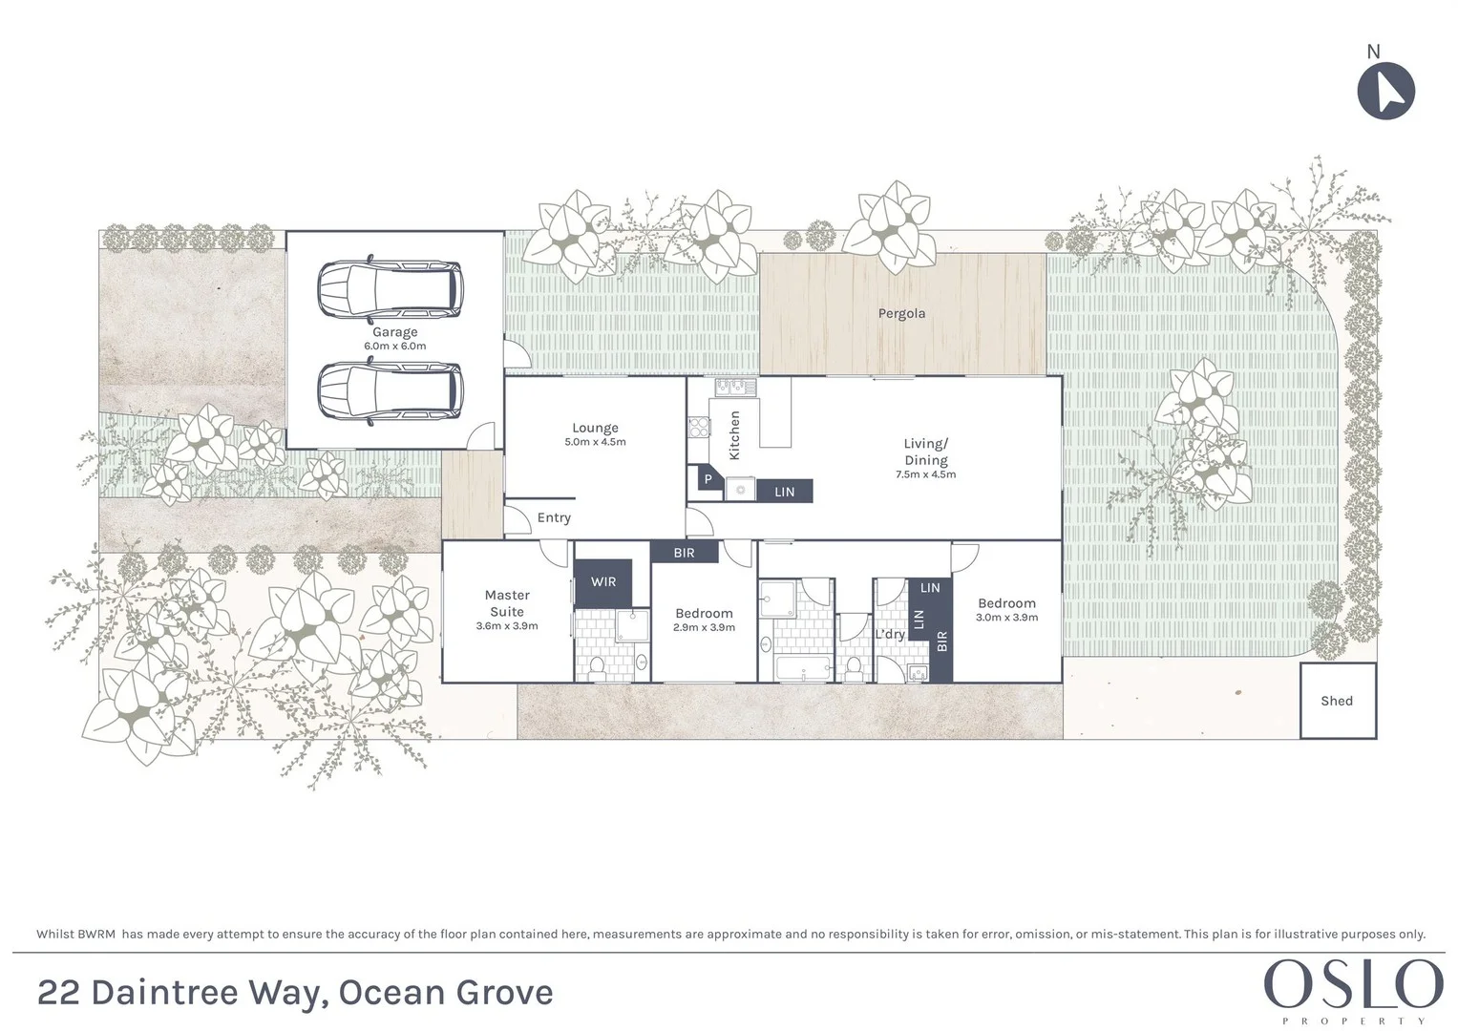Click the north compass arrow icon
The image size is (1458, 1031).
coord(1385,92)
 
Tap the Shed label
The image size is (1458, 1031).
coord(1337,701)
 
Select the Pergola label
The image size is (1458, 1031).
coord(901,313)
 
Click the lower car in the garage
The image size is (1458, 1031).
coord(390,391)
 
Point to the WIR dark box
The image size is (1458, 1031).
coord(603,581)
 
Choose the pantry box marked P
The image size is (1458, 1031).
coord(708,478)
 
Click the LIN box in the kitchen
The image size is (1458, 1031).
coord(784,492)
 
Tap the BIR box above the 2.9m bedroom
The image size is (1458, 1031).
coord(684,553)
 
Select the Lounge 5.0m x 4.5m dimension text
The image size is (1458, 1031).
coord(595,442)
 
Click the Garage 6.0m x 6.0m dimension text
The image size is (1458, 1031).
coord(394,346)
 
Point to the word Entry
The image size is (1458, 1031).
coord(554,517)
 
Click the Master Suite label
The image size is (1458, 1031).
coord(507,603)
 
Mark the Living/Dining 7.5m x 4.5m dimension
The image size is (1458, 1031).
coord(925,474)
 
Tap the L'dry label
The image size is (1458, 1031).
coord(890,634)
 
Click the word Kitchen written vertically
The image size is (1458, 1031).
coord(735,435)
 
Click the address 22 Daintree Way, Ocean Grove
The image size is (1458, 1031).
coord(295,993)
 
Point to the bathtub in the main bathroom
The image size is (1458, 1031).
coord(803,667)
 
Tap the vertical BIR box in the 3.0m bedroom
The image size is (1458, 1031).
coord(941,642)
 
